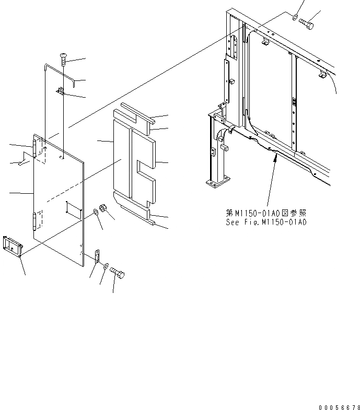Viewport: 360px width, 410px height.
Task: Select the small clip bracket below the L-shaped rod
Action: point(61,92)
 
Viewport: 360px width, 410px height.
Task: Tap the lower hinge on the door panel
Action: point(36,221)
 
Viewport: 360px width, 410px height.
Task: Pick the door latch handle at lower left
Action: point(11,246)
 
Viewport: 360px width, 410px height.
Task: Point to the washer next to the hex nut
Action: point(97,212)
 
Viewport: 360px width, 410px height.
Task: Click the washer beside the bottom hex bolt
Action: point(106,267)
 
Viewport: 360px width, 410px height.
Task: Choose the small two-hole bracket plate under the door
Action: point(97,256)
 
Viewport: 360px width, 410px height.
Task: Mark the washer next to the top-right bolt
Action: point(296,18)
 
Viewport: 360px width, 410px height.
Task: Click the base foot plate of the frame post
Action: point(217,183)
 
